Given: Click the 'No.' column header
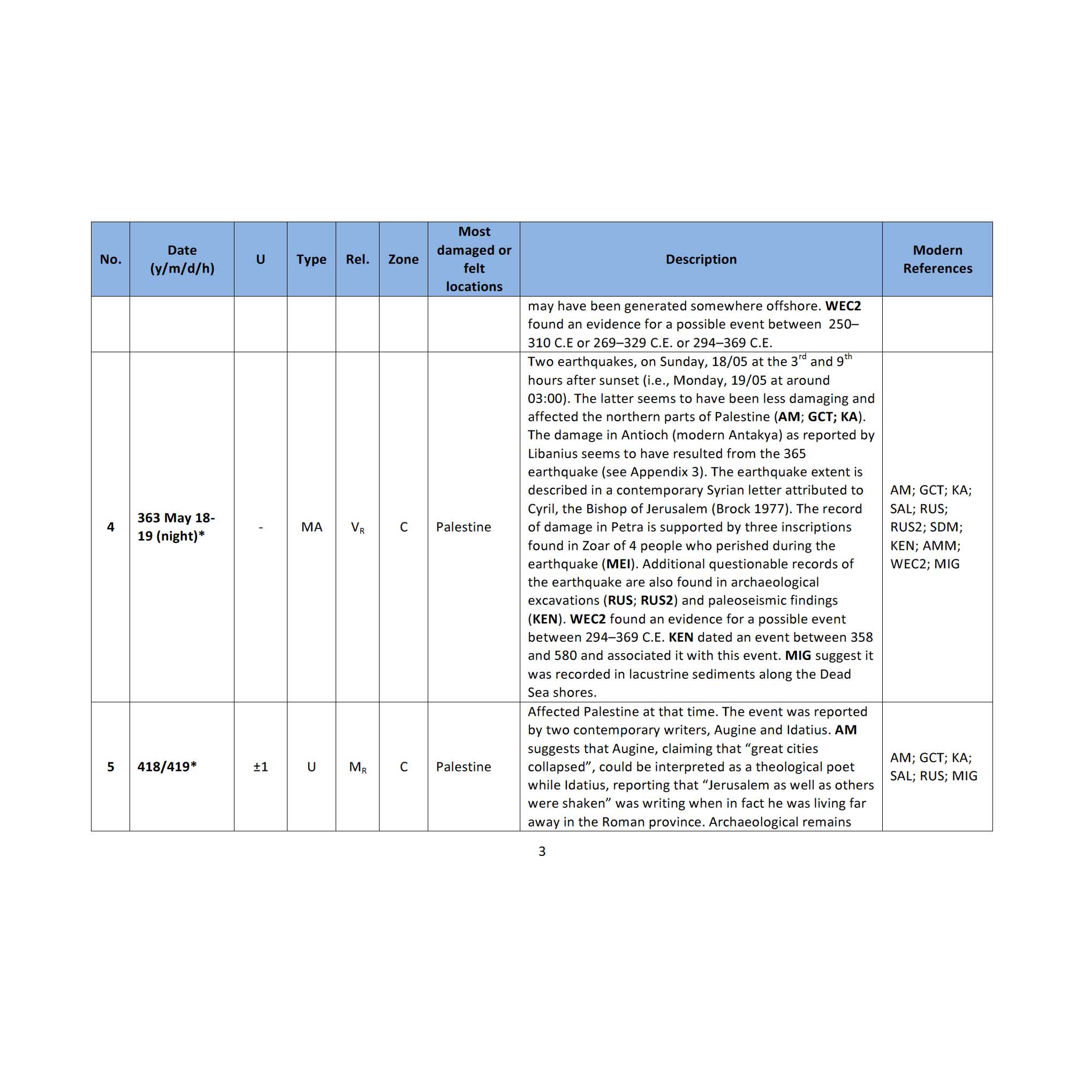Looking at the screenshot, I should tap(110, 259).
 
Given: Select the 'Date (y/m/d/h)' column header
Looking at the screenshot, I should tap(182, 259).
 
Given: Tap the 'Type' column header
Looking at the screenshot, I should tap(312, 259).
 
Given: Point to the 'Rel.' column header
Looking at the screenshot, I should tap(358, 259).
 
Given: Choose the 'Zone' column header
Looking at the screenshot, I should tap(404, 259).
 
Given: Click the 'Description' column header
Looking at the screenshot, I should tap(701, 259).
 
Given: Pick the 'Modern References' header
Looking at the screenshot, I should tap(937, 259).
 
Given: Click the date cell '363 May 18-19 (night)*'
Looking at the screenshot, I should tap(176, 527).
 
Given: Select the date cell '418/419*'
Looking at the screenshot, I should tap(167, 767).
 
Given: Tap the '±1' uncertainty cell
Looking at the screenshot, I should tap(260, 767).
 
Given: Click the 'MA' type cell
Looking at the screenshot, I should tap(312, 527).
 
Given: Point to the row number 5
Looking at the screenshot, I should tap(110, 767).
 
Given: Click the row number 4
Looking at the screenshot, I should tap(110, 527).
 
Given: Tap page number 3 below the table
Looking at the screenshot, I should tap(542, 851).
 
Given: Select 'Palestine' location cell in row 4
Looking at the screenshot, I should tap(464, 527).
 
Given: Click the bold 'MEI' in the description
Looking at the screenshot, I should tap(619, 564).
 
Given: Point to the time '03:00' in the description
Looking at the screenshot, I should tap(545, 398).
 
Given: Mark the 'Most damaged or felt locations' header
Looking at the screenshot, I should tap(474, 259).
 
